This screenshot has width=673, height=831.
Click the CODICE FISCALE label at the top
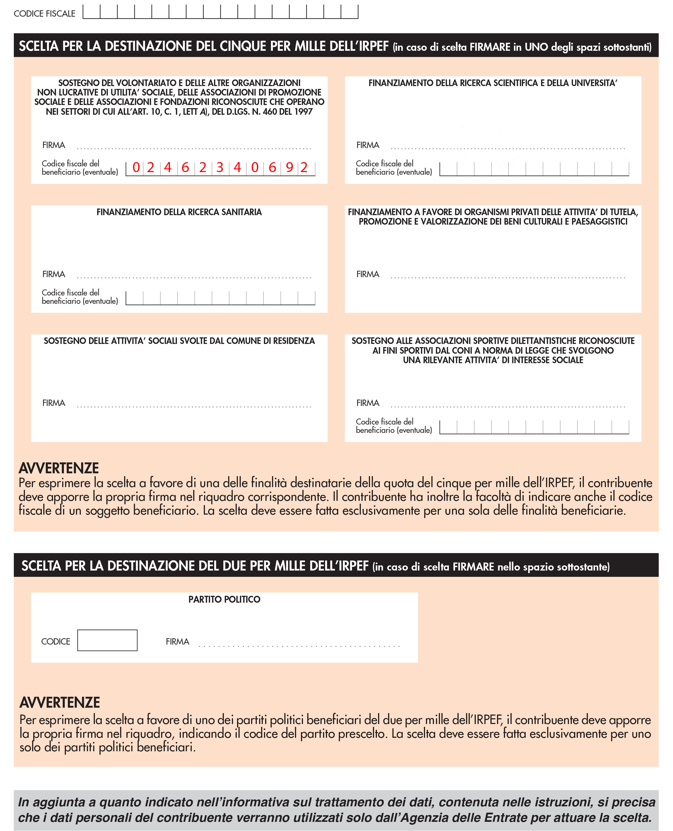point(45,13)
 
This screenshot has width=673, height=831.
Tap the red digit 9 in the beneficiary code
point(289,168)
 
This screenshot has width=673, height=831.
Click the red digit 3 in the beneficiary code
point(220,168)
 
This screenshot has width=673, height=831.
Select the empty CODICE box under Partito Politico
point(107,640)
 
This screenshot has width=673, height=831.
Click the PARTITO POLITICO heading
point(224,600)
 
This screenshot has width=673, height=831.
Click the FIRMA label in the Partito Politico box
point(177,642)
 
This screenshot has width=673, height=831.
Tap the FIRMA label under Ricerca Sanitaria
point(54,274)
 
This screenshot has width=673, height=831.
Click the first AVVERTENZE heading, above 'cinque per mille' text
point(58,468)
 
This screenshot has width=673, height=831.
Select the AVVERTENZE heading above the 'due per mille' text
point(60,702)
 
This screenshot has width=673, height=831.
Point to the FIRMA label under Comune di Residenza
point(54,403)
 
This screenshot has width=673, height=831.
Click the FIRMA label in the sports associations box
point(367,403)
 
